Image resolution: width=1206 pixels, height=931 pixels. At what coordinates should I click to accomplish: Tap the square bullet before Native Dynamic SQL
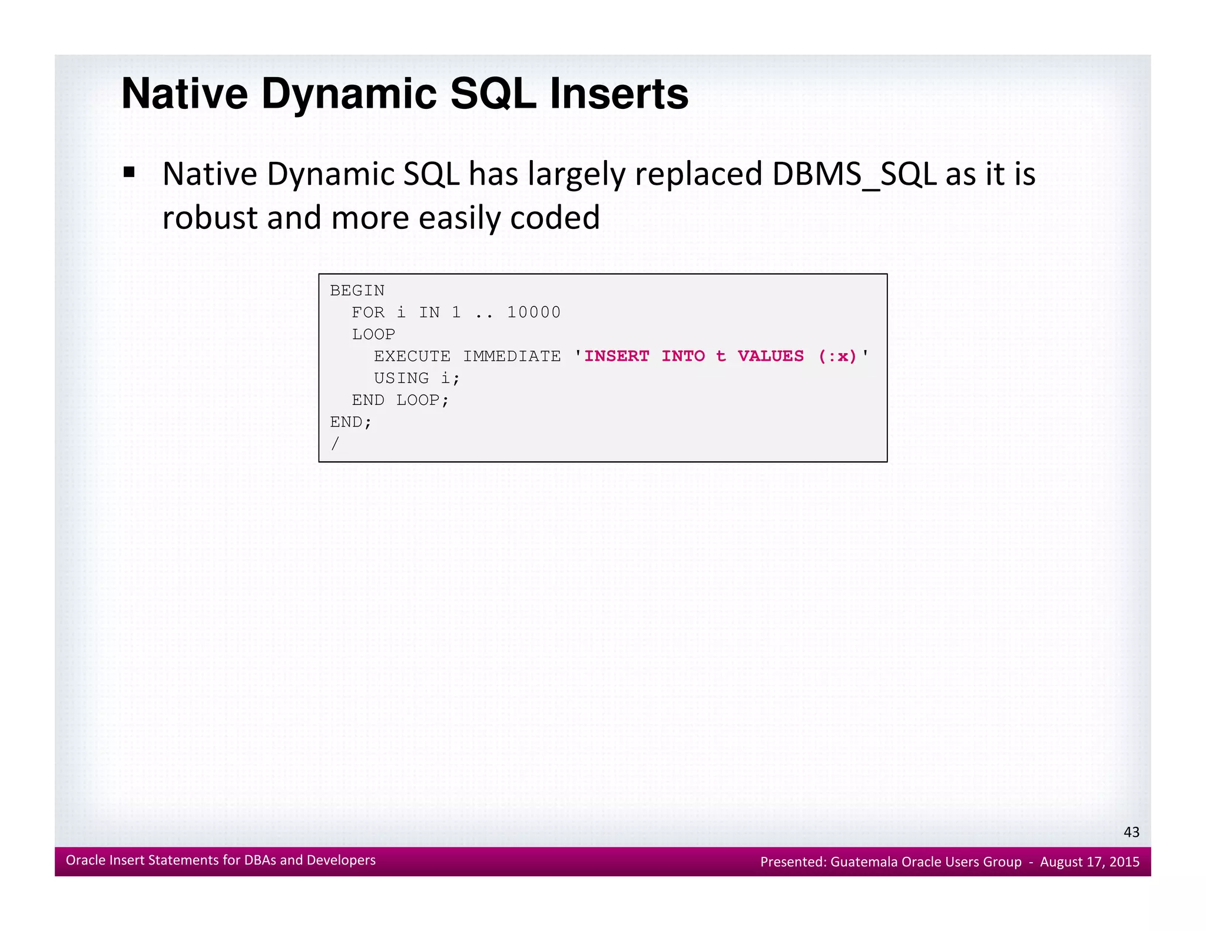click(129, 173)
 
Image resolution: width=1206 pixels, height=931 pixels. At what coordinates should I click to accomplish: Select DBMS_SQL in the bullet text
click(854, 175)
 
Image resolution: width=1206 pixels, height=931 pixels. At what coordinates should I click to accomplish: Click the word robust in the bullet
click(210, 218)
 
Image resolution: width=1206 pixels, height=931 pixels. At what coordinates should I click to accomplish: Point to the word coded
click(555, 218)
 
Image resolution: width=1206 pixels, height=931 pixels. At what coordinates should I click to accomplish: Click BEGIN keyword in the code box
click(357, 291)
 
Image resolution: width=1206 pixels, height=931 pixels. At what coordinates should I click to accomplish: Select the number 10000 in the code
click(534, 312)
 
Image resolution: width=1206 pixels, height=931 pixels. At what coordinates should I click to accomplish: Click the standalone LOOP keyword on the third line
click(373, 334)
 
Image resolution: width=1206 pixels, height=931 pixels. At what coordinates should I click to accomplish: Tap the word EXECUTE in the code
click(412, 357)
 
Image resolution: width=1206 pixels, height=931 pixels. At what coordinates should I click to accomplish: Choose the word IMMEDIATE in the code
click(512, 357)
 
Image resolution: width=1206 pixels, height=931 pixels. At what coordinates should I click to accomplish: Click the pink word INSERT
click(617, 357)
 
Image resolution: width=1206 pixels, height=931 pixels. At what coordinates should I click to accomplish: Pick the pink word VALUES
click(770, 357)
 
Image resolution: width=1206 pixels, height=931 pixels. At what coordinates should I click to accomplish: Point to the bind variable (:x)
click(837, 357)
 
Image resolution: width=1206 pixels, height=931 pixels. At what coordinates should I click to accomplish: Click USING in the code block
click(401, 378)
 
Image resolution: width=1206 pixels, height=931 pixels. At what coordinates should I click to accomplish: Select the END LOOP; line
click(400, 400)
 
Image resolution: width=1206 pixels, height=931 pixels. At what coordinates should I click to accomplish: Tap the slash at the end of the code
click(335, 444)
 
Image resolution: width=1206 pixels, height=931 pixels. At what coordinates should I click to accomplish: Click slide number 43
click(1131, 832)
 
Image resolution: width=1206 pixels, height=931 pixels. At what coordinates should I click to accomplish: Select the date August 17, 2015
click(1089, 862)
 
